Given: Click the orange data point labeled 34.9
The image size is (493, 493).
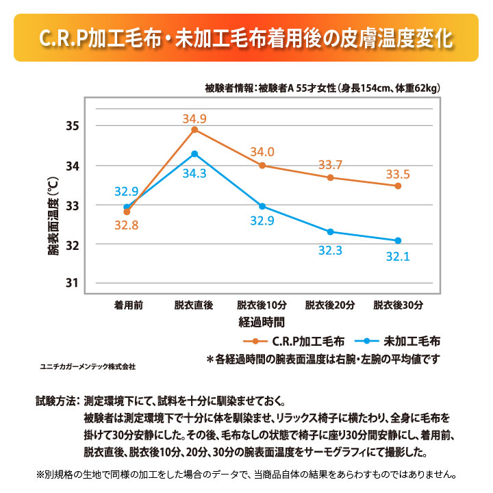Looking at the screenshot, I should pyautogui.click(x=194, y=129).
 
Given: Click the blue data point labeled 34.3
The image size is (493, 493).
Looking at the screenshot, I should pyautogui.click(x=194, y=153).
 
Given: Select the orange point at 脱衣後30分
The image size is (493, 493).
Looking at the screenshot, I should pyautogui.click(x=398, y=186).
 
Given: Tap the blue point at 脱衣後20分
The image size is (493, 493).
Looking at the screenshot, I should pyautogui.click(x=330, y=231).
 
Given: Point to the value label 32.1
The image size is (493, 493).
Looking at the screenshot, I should pyautogui.click(x=398, y=257).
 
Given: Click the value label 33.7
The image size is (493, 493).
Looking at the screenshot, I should pyautogui.click(x=330, y=164).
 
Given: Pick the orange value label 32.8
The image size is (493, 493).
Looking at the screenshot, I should pyautogui.click(x=127, y=226).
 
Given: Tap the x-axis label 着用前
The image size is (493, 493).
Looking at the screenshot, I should pyautogui.click(x=128, y=305).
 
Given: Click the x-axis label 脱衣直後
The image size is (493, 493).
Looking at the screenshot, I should pyautogui.click(x=194, y=305).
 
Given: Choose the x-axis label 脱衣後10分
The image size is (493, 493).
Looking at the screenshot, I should pyautogui.click(x=262, y=305).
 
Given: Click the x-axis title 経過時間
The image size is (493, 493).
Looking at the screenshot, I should pyautogui.click(x=262, y=320).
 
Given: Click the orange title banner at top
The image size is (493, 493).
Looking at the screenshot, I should pyautogui.click(x=246, y=38).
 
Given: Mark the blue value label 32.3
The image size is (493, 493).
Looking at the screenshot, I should pyautogui.click(x=330, y=251).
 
